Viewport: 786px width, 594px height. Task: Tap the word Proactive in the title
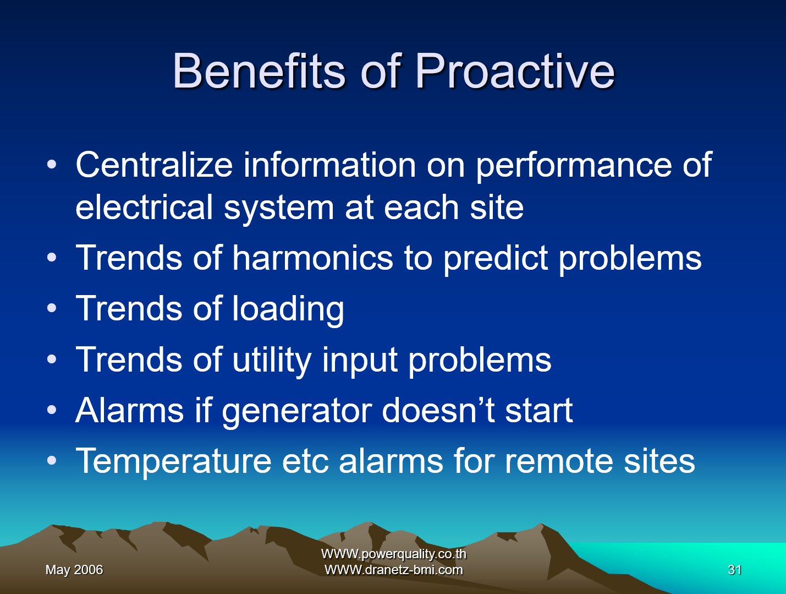[x=515, y=70]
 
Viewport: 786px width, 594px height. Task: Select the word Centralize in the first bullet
[x=155, y=165]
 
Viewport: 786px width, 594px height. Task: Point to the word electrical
[x=144, y=207]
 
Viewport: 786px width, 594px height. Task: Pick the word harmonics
[x=312, y=258]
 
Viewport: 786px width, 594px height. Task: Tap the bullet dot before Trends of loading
[x=52, y=308]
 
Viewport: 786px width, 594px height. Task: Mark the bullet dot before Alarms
[x=52, y=410]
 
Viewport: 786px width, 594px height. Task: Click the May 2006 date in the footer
[x=74, y=570]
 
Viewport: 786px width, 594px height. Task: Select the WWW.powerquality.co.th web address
[x=394, y=554]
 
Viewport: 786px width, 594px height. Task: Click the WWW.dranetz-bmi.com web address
[x=394, y=570]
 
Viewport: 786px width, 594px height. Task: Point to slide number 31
[x=735, y=570]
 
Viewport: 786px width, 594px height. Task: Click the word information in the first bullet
[x=330, y=165]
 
